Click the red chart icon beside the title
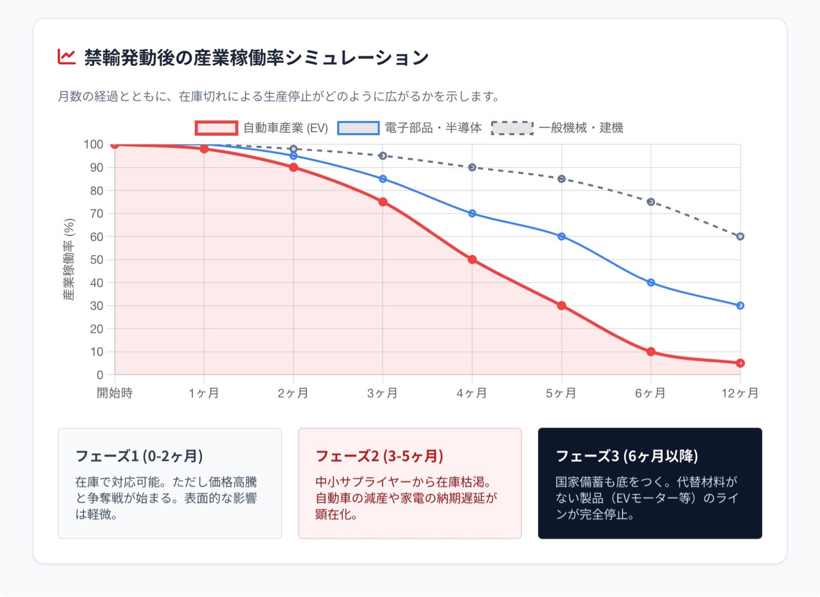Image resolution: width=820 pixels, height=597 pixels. [67, 56]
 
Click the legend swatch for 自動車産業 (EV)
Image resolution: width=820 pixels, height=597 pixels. [216, 128]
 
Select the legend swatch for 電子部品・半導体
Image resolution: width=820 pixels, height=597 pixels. [358, 128]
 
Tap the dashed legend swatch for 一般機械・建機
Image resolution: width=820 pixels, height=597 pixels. [512, 128]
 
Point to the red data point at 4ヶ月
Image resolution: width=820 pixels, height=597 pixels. [472, 260]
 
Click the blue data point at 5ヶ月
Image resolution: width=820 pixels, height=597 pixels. [562, 236]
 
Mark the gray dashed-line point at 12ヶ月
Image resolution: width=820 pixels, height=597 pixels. [740, 236]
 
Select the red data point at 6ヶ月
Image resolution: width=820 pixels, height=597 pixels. [651, 352]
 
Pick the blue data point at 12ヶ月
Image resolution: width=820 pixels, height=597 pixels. [740, 305]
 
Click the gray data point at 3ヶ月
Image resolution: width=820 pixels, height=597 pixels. [383, 156]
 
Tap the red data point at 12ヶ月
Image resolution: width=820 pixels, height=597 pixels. [740, 363]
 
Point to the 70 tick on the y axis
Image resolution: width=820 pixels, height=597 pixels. [97, 214]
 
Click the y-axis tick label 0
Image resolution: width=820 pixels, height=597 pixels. [100, 375]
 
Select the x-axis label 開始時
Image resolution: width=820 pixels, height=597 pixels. [115, 393]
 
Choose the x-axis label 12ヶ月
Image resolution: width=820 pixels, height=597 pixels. [740, 393]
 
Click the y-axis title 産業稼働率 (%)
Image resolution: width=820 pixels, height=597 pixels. [69, 259]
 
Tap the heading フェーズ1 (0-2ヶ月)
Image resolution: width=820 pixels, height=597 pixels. [139, 456]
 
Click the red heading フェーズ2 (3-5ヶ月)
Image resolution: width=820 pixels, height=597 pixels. [379, 456]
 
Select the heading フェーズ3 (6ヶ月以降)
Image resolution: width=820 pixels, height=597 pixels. [627, 456]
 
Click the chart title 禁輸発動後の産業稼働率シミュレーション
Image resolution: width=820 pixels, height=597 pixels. [256, 57]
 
